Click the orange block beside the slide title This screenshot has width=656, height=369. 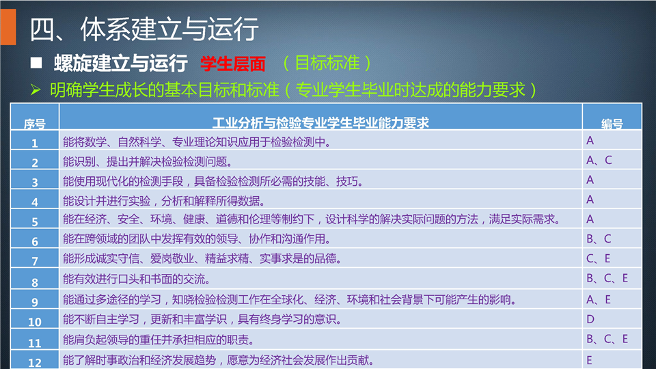(8, 27)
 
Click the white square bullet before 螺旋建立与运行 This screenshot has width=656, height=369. (36, 63)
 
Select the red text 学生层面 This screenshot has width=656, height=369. (232, 64)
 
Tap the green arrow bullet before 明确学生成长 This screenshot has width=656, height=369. (36, 89)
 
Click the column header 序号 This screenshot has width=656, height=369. (34, 124)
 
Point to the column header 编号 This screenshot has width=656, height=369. (612, 124)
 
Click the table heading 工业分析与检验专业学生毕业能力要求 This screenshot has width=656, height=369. (320, 122)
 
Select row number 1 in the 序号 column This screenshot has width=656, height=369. (35, 143)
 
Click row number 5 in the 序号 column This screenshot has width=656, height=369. (35, 221)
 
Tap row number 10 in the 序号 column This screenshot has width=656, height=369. (35, 322)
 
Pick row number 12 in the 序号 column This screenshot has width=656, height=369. (35, 363)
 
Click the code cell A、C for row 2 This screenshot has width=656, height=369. (599, 160)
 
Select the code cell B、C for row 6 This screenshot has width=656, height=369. (599, 238)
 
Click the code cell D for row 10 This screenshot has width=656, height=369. (590, 319)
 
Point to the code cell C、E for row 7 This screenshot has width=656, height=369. (599, 258)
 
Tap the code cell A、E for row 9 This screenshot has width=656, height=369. (599, 299)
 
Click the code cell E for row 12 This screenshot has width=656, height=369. (589, 360)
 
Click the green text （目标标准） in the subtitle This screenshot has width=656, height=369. (327, 63)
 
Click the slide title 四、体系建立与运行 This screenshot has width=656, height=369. (144, 29)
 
